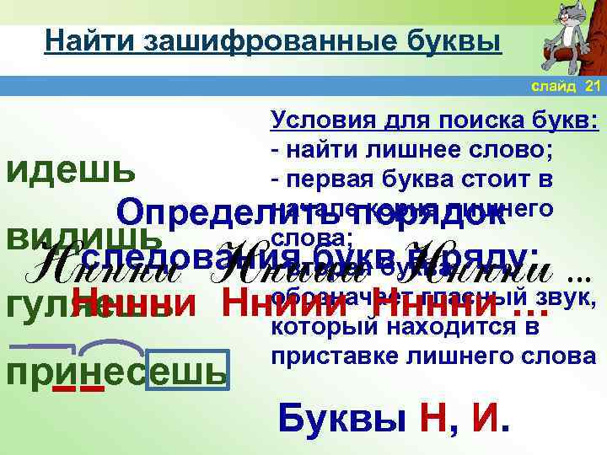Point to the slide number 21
[592, 88]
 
